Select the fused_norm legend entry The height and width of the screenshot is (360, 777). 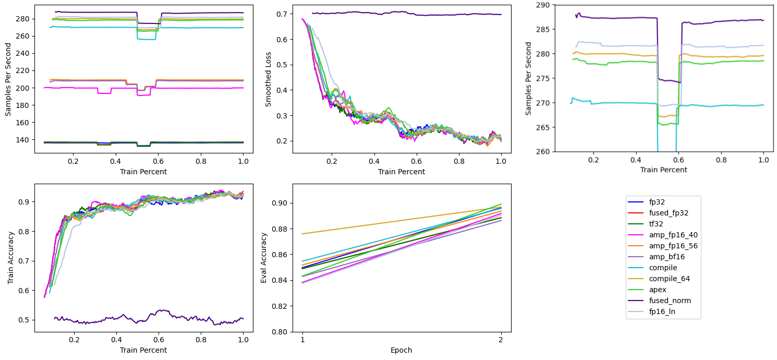coord(662,301)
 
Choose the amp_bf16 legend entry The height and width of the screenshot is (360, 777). coord(662,256)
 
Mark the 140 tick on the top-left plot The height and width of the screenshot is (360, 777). coord(26,140)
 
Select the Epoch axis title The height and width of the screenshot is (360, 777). coord(402,350)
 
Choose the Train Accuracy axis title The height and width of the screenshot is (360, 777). coord(10,258)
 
